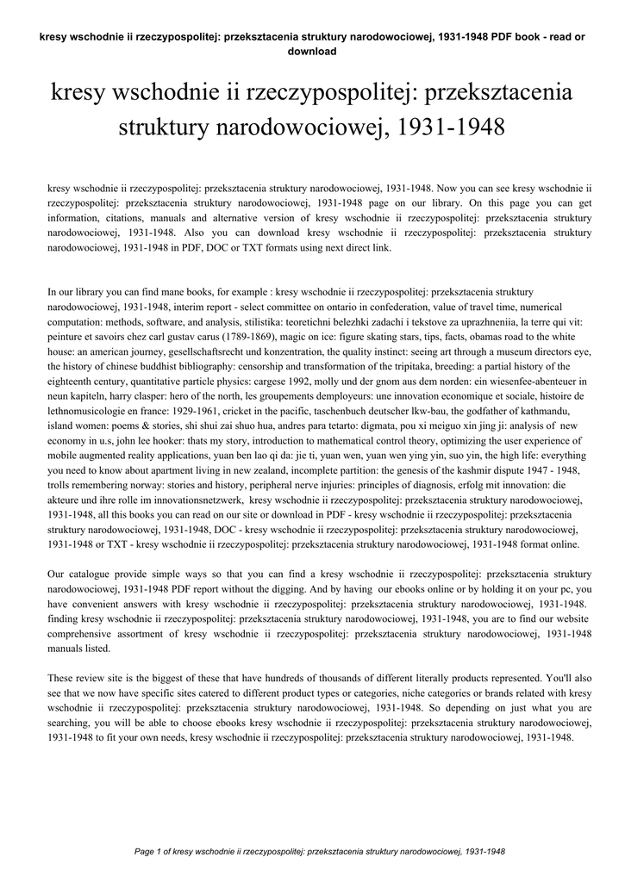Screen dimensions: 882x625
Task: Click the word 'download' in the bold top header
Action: pyautogui.click(x=311, y=51)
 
